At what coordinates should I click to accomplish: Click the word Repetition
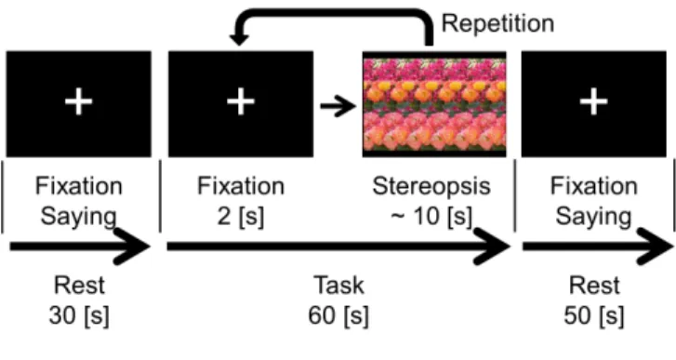(498, 23)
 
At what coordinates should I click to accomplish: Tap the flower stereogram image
(434, 104)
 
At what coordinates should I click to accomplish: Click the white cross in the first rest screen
(78, 101)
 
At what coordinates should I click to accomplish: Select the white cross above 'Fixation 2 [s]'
(241, 101)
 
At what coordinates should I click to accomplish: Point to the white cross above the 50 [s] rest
(593, 101)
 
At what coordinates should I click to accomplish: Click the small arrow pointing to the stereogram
(338, 106)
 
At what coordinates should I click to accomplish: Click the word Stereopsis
(431, 187)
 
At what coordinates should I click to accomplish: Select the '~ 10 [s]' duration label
(431, 217)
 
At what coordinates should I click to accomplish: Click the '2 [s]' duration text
(241, 217)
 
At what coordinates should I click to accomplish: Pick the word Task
(338, 285)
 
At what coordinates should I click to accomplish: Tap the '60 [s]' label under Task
(338, 316)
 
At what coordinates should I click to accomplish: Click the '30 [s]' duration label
(79, 316)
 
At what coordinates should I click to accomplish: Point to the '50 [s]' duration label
(593, 316)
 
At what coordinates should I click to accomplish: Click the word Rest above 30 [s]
(79, 285)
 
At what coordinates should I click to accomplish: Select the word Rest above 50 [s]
(594, 285)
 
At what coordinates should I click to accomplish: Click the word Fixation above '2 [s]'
(241, 186)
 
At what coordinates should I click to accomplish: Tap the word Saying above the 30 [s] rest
(78, 217)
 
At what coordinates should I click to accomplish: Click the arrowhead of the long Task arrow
(494, 247)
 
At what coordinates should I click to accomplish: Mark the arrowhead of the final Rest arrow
(656, 247)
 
